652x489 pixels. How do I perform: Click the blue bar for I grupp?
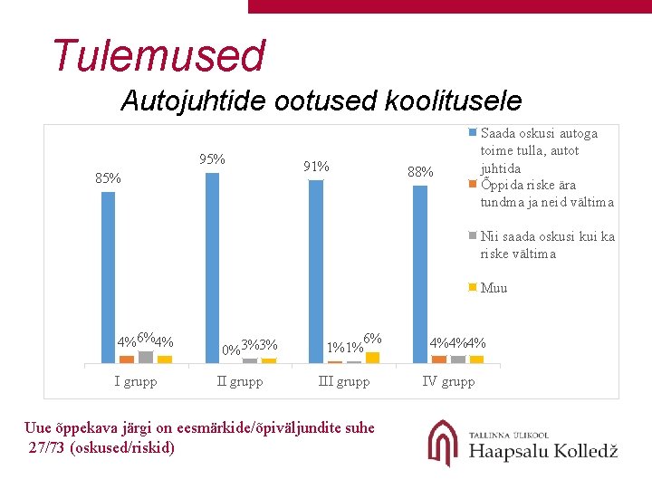click(108, 277)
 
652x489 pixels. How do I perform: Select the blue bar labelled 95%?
click(212, 268)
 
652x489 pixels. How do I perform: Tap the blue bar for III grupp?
click(316, 272)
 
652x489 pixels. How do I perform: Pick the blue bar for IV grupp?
click(420, 274)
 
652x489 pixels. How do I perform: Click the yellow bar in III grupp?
click(372, 358)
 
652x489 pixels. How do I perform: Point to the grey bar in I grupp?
click(146, 357)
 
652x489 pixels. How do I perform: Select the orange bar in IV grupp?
click(439, 360)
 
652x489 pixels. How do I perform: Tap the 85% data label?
click(108, 178)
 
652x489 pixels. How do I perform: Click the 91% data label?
click(316, 167)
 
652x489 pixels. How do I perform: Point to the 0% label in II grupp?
click(231, 350)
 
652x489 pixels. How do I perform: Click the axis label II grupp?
click(240, 382)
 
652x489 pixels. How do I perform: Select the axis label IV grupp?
click(448, 382)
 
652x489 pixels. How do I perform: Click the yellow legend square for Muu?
click(473, 287)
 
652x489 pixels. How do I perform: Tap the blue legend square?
click(473, 132)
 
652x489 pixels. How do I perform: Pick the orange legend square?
click(473, 184)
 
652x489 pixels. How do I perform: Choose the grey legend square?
click(473, 235)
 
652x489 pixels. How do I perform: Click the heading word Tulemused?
click(159, 55)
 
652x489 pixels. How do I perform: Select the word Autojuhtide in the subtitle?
click(194, 101)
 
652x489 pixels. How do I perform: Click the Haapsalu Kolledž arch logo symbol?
click(443, 443)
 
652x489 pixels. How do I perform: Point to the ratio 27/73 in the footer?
click(46, 447)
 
